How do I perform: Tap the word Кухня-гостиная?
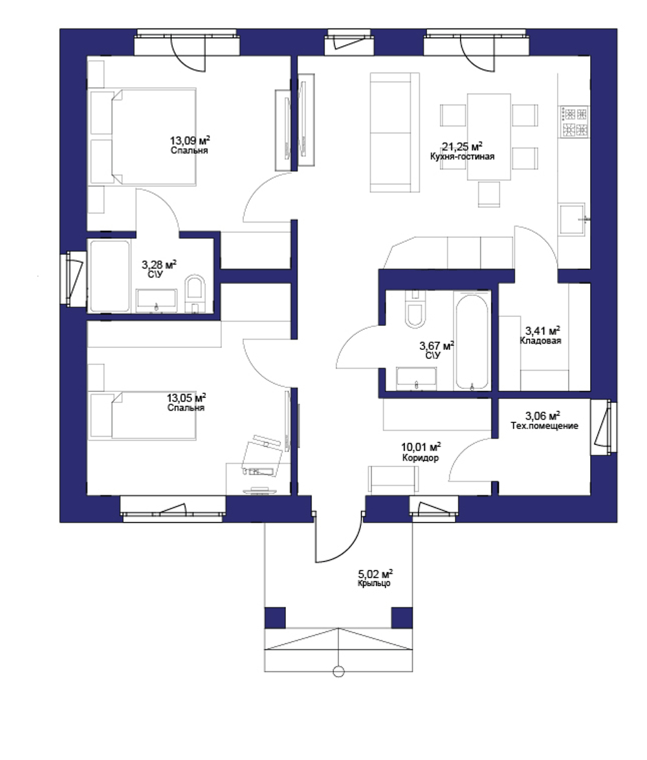pos(462,157)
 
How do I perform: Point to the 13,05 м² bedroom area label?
pos(186,398)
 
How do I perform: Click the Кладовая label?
pos(540,341)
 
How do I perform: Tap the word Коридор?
pos(420,457)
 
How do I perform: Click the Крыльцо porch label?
pos(374,583)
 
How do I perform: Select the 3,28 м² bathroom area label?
pos(159,265)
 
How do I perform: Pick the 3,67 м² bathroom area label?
pos(437,346)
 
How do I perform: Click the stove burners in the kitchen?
pos(575,122)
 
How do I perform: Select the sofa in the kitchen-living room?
pos(391,133)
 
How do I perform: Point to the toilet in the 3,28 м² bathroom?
pos(193,292)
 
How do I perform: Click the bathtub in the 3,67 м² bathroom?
pos(472,342)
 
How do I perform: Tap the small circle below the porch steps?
pos(338,671)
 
